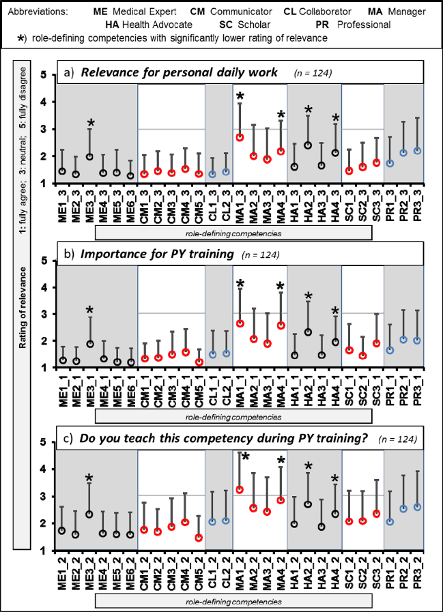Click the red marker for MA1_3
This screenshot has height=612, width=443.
(240, 137)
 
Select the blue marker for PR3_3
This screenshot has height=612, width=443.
(417, 151)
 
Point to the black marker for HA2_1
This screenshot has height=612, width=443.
(308, 332)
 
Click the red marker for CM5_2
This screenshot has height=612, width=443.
(199, 538)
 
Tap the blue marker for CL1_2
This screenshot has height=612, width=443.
(212, 522)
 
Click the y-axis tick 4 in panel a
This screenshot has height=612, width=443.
(44, 102)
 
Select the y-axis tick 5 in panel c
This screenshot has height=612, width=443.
(44, 443)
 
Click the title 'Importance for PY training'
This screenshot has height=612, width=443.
(157, 254)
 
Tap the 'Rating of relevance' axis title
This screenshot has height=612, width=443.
(23, 308)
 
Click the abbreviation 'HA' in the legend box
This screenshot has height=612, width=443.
(112, 25)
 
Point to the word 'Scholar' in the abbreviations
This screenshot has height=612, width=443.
(255, 25)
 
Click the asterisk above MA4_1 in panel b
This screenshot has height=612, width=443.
(281, 287)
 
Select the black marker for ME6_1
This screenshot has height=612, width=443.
(131, 362)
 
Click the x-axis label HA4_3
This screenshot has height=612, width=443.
(334, 207)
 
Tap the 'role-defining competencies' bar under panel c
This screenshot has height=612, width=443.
(233, 602)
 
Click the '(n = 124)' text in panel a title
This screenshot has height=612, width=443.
(313, 73)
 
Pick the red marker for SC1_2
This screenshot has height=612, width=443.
(349, 521)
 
